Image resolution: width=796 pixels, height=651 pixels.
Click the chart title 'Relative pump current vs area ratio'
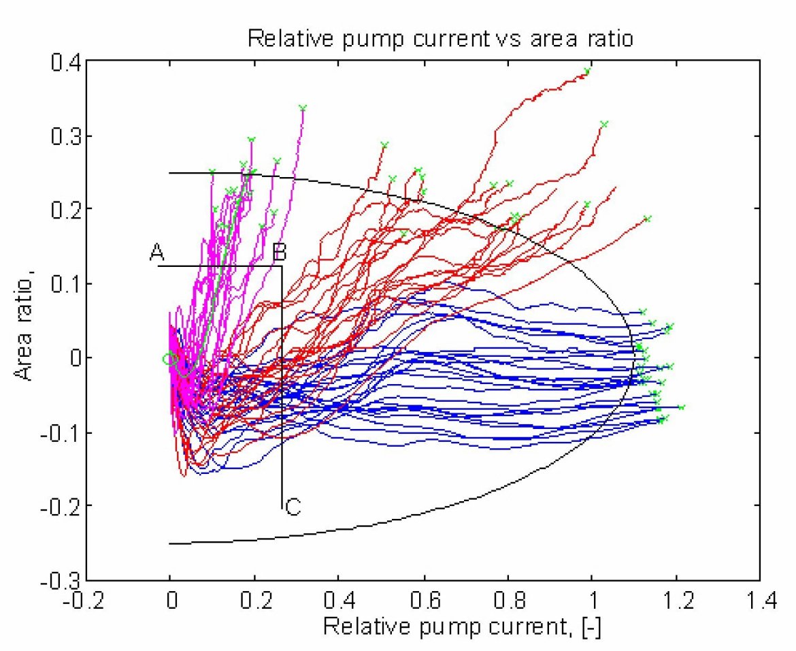pyautogui.click(x=440, y=39)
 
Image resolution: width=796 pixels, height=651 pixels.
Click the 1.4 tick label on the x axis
pyautogui.click(x=759, y=602)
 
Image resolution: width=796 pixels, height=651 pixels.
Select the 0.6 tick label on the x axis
pyautogui.click(x=423, y=602)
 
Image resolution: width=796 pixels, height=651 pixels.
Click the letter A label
pyautogui.click(x=157, y=253)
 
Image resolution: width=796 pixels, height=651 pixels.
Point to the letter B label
pyautogui.click(x=279, y=253)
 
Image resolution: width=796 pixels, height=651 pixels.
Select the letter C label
pyautogui.click(x=293, y=507)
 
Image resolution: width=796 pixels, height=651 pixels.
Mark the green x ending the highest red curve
pyautogui.click(x=588, y=71)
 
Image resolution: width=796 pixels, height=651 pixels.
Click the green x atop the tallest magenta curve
pyautogui.click(x=303, y=108)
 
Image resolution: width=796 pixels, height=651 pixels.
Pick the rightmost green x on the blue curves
pyautogui.click(x=681, y=407)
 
